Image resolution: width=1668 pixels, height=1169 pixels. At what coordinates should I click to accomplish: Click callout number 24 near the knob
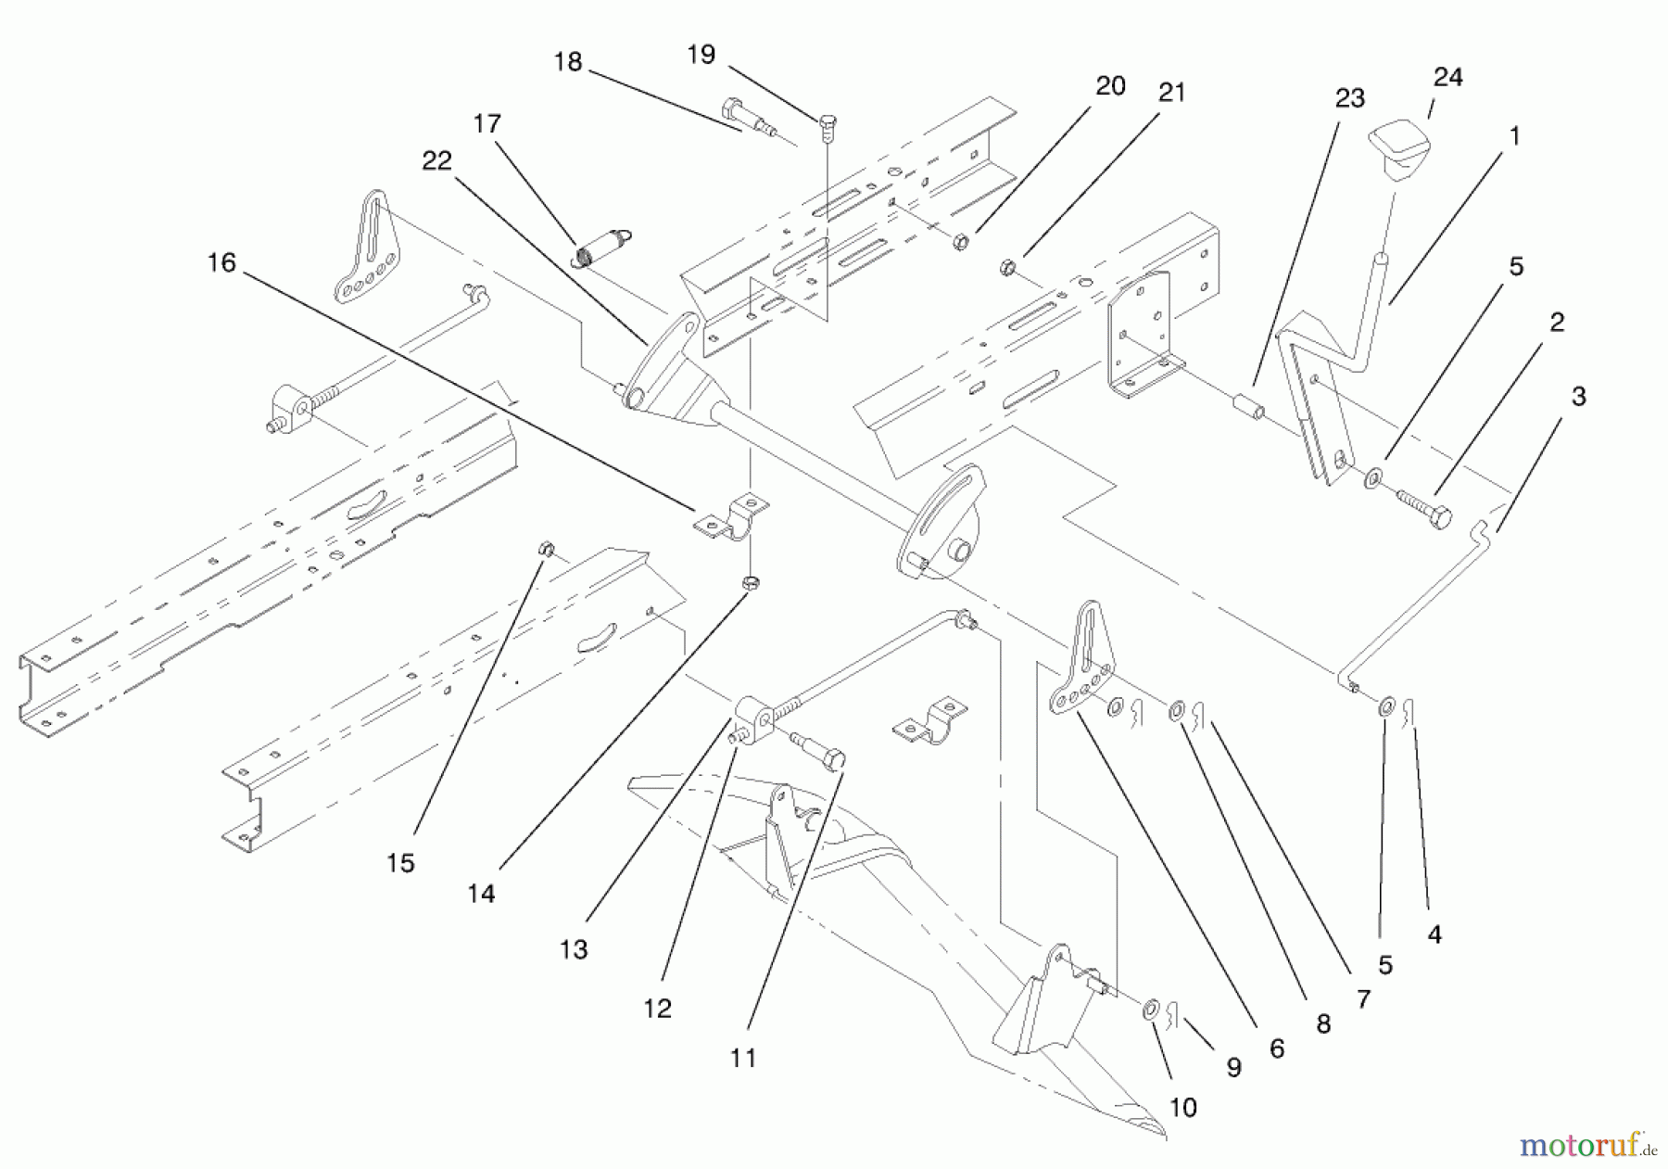pyautogui.click(x=1447, y=77)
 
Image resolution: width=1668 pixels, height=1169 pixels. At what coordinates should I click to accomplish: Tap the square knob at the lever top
pyautogui.click(x=1398, y=149)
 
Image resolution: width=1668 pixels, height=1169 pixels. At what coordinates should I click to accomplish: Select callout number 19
pyautogui.click(x=701, y=55)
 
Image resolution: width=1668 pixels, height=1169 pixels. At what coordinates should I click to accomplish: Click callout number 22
pyautogui.click(x=436, y=160)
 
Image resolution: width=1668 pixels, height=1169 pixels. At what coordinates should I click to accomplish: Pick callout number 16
pyautogui.click(x=221, y=263)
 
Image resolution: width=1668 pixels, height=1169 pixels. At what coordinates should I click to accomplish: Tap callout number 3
pyautogui.click(x=1578, y=397)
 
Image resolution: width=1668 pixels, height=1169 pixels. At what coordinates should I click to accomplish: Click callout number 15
pyautogui.click(x=400, y=863)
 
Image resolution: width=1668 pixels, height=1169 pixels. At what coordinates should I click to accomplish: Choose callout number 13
pyautogui.click(x=574, y=949)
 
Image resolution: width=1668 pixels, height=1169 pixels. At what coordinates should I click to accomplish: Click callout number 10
pyautogui.click(x=1183, y=1107)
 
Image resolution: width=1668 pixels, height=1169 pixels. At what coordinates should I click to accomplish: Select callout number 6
pyautogui.click(x=1276, y=1048)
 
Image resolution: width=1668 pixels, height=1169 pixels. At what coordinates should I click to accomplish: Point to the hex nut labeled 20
pyautogui.click(x=961, y=242)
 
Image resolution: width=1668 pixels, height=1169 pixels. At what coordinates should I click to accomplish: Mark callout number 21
pyautogui.click(x=1171, y=93)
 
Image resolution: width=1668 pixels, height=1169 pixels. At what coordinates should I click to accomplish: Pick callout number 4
pyautogui.click(x=1434, y=934)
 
